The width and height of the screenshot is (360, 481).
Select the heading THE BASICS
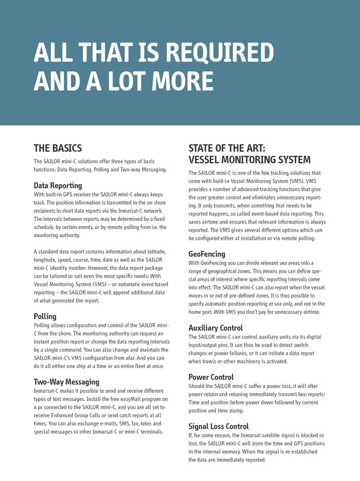pyautogui.click(x=58, y=149)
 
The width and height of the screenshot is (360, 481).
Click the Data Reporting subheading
pyautogui.click(x=58, y=186)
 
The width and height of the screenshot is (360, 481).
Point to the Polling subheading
pyautogui.click(x=45, y=316)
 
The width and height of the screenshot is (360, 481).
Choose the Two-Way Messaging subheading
pyautogui.click(x=66, y=382)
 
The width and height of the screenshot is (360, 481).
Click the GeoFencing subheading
pyautogui.click(x=207, y=254)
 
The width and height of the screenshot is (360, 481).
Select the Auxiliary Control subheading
pyautogui.click(x=215, y=328)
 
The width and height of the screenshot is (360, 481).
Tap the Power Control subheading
pyautogui.click(x=211, y=377)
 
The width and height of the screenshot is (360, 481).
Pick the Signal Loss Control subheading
pyautogui.click(x=219, y=427)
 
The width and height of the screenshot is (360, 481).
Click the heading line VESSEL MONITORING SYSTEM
pyautogui.click(x=249, y=160)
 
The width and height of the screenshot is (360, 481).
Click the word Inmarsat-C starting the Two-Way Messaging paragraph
pyautogui.click(x=49, y=391)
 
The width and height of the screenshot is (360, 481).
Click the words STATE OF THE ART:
pyautogui.click(x=227, y=149)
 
